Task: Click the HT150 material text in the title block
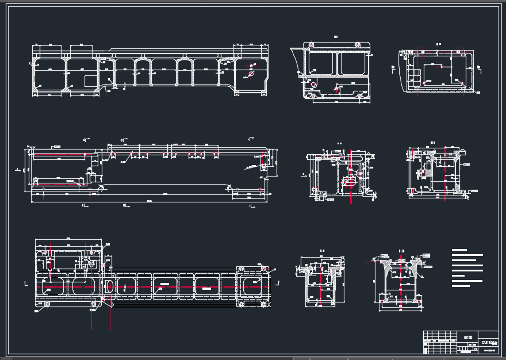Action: pyautogui.click(x=467, y=337)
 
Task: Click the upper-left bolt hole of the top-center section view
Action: pyautogui.click(x=311, y=44)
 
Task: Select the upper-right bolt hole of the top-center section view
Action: pyautogui.click(x=358, y=44)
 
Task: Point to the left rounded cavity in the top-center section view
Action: pyautogui.click(x=323, y=63)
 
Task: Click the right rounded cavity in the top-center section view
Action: pyautogui.click(x=352, y=63)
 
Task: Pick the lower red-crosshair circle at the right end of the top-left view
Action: pyautogui.click(x=250, y=75)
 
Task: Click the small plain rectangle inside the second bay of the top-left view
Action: pyautogui.click(x=90, y=81)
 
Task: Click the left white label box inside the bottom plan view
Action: pyautogui.click(x=164, y=284)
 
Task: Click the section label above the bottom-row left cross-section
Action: pyautogui.click(x=323, y=251)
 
